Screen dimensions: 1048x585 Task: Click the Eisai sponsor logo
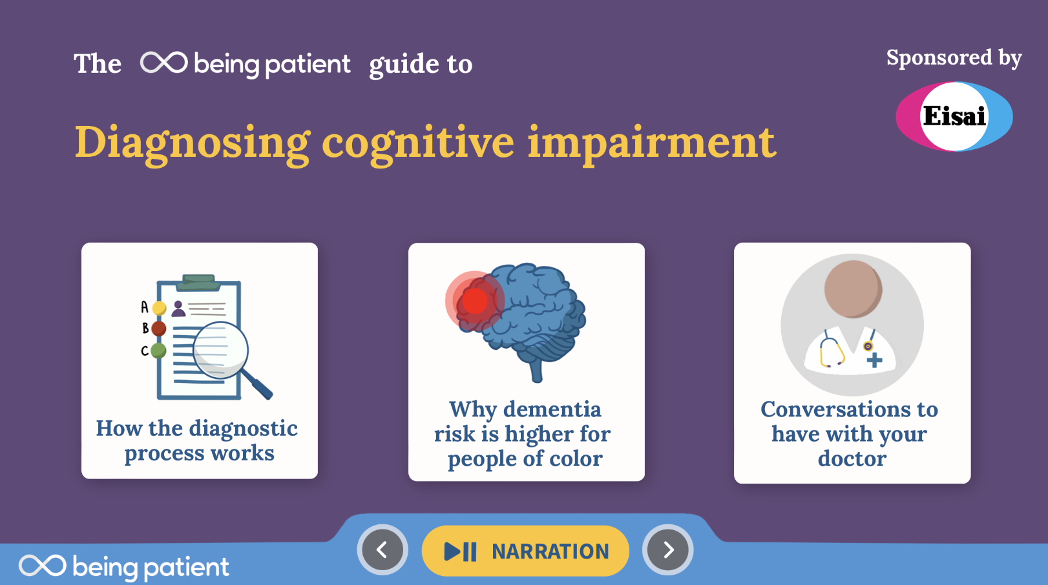[954, 116]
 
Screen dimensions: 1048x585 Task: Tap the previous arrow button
[383, 550]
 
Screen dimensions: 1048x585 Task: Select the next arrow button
[667, 550]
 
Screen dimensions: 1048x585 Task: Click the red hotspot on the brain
[474, 301]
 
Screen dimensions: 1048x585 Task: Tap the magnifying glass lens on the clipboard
[220, 350]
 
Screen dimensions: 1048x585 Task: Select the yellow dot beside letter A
[159, 308]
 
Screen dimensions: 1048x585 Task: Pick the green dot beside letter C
[158, 350]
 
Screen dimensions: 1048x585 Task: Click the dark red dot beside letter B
[158, 328]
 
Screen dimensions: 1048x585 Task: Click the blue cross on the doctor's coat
[874, 360]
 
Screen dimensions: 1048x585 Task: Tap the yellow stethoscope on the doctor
[831, 351]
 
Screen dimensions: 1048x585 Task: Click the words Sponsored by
[954, 59]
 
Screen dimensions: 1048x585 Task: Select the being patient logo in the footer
[124, 566]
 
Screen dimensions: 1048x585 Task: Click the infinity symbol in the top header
[163, 63]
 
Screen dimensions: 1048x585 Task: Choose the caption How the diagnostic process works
[198, 440]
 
